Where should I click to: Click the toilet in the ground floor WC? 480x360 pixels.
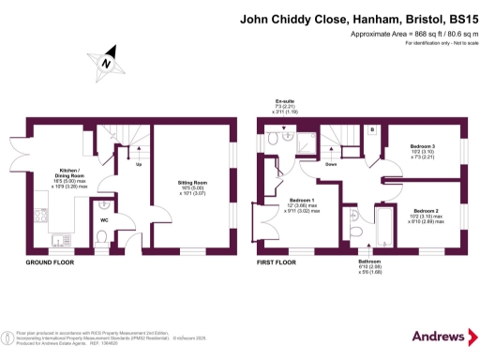click(x=102, y=245)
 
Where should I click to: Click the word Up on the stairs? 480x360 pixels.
click(x=140, y=165)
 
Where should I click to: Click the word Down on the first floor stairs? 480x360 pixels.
click(x=331, y=164)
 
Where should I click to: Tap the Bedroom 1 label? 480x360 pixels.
click(x=302, y=200)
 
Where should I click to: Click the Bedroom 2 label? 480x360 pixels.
click(x=427, y=211)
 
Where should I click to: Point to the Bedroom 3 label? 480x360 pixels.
click(x=424, y=148)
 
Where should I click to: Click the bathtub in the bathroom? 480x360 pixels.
click(x=385, y=228)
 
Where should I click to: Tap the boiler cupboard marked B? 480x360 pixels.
click(x=372, y=128)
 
